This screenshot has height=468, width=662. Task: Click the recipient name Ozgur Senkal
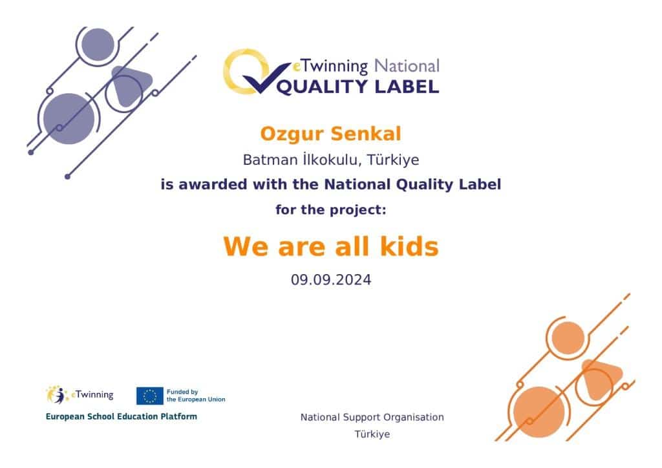pos(330,134)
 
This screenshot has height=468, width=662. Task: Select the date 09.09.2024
pos(331,280)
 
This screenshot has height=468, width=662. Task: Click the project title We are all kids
pos(331,246)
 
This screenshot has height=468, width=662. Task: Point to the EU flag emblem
pos(149,396)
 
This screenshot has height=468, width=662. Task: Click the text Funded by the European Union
pos(196,396)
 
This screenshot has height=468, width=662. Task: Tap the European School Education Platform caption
pos(121,416)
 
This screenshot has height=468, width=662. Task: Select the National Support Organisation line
pos(372,418)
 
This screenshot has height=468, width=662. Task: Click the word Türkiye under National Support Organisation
pos(372,434)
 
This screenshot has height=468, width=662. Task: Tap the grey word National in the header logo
pos(407,66)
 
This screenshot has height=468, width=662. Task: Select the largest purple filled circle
pos(69,118)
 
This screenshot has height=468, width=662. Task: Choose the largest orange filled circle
pos(539,412)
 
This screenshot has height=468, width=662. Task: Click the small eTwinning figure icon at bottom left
pos(58,395)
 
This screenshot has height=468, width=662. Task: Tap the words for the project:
pos(330,209)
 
